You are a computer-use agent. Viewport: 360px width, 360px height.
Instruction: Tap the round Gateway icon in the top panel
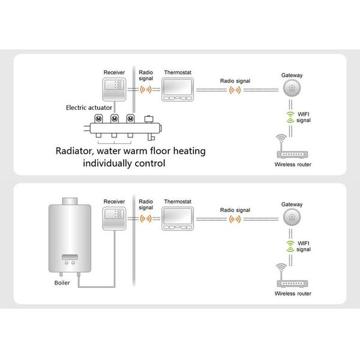pos(292,88)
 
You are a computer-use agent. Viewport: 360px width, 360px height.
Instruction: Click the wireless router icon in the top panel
pos(292,147)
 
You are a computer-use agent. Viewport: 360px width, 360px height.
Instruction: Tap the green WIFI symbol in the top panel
pos(291,116)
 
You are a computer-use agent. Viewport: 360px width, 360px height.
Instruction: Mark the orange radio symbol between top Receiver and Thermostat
pos(145,90)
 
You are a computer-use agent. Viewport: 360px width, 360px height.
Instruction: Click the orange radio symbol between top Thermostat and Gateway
pos(235,90)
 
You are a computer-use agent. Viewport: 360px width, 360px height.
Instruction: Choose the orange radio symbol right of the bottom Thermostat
pos(235,220)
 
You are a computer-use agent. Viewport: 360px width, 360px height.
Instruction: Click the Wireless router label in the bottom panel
pos(293,295)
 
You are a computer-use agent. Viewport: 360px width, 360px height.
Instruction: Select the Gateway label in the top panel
pos(292,75)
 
